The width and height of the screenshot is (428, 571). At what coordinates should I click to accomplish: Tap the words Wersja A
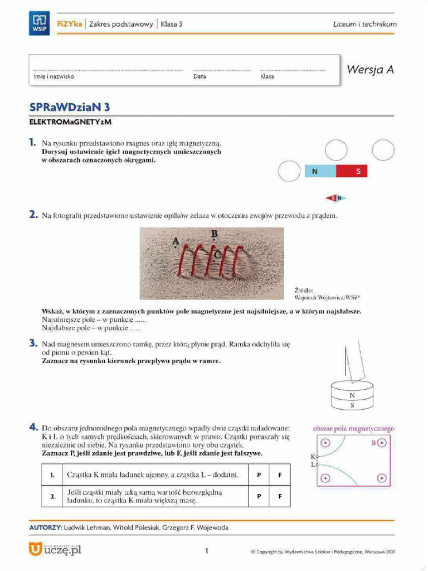coord(370,70)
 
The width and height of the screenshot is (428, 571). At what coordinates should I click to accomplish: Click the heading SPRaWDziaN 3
coord(69,107)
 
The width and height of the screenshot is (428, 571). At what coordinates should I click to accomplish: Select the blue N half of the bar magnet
coord(320,171)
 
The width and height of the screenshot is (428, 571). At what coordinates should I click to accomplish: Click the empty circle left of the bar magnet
coord(289,171)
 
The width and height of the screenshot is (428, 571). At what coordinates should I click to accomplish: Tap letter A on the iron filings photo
coord(176,241)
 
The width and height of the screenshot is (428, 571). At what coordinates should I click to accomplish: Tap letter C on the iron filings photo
coord(218,254)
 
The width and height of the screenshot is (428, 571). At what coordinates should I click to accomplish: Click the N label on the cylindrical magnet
coord(352,395)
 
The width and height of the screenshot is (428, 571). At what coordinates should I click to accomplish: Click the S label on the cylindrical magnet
coord(352,405)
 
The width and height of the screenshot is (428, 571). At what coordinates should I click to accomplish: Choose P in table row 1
coord(259,475)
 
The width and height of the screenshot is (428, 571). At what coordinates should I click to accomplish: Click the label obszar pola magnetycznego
coord(353,429)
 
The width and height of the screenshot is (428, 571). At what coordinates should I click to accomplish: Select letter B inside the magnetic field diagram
coord(373,443)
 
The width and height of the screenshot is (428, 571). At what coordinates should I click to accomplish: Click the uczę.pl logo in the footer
coord(55,550)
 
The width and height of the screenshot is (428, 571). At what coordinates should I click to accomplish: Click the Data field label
coord(200,77)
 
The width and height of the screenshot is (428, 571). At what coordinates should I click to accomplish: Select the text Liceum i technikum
coord(364,24)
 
